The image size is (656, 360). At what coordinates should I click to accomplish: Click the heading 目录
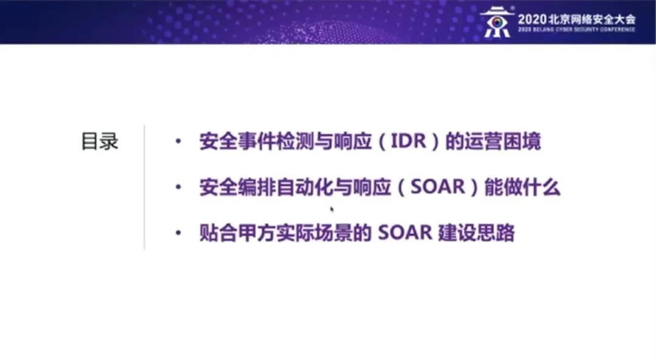[x=100, y=141]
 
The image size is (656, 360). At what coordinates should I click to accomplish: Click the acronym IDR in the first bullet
[x=408, y=141]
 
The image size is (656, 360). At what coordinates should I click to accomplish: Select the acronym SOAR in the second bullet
[x=437, y=187]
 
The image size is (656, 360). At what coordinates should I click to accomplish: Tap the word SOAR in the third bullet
[x=405, y=233]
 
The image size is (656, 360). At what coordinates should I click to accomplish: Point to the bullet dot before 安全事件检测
[x=179, y=141]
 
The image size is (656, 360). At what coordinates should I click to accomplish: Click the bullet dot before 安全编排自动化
[x=179, y=187]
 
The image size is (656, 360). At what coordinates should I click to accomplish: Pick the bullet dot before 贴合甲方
[x=179, y=233]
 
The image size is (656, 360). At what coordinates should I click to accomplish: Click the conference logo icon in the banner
[x=497, y=22]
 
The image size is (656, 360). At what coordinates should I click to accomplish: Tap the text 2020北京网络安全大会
[x=576, y=19]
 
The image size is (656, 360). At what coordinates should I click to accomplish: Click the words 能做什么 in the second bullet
[x=522, y=187]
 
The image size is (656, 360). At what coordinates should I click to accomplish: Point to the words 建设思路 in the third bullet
[x=477, y=233]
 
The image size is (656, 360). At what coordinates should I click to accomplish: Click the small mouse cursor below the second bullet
[x=332, y=209]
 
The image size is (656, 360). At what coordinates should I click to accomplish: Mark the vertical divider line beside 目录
[x=145, y=188]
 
